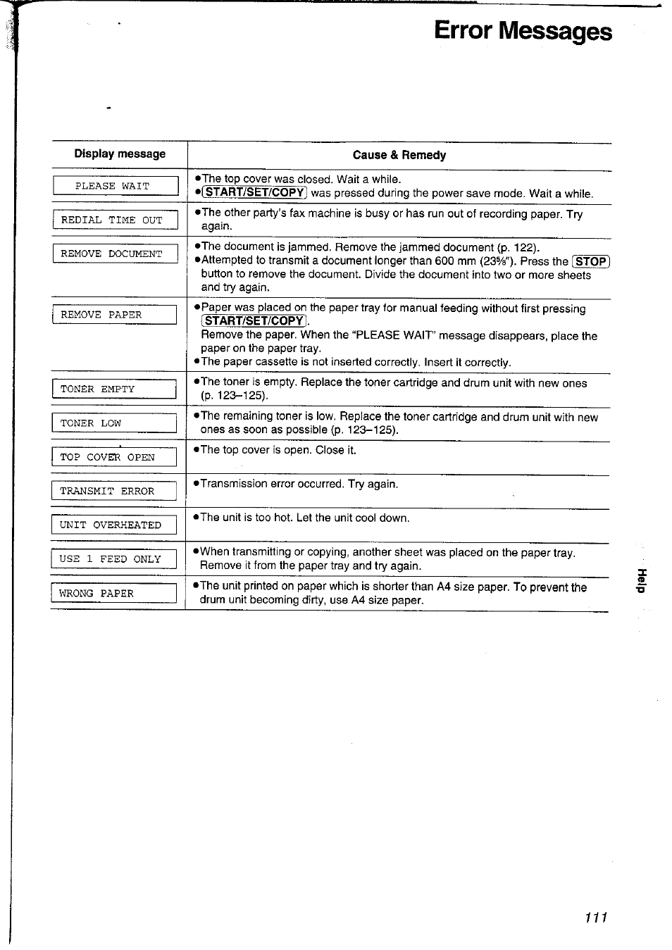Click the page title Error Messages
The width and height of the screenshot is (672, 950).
pyautogui.click(x=523, y=32)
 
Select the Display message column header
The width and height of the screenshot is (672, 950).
pyautogui.click(x=120, y=154)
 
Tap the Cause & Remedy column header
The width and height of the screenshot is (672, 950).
pyautogui.click(x=399, y=155)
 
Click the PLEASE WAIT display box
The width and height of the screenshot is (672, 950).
pyautogui.click(x=116, y=186)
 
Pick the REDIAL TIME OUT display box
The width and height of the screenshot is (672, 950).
pyautogui.click(x=115, y=220)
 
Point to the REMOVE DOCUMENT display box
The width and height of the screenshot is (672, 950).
pyautogui.click(x=115, y=254)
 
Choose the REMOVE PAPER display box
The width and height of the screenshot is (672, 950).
pyautogui.click(x=114, y=315)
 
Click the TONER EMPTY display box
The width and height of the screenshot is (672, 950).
pyautogui.click(x=114, y=389)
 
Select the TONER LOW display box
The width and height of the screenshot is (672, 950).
pyautogui.click(x=114, y=423)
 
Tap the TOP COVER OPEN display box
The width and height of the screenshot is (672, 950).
pyautogui.click(x=113, y=457)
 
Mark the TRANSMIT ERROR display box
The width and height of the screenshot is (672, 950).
pyautogui.click(x=113, y=491)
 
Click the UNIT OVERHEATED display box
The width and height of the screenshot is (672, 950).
pyautogui.click(x=113, y=525)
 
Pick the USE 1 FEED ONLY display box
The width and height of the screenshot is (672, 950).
pyautogui.click(x=113, y=559)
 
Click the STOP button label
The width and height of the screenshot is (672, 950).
pyautogui.click(x=591, y=261)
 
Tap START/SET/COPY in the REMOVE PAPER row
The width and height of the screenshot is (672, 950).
pyautogui.click(x=254, y=321)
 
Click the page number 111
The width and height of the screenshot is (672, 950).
pyautogui.click(x=595, y=917)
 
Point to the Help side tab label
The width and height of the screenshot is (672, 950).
pyautogui.click(x=641, y=580)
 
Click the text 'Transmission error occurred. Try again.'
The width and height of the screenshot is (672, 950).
pyautogui.click(x=299, y=484)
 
